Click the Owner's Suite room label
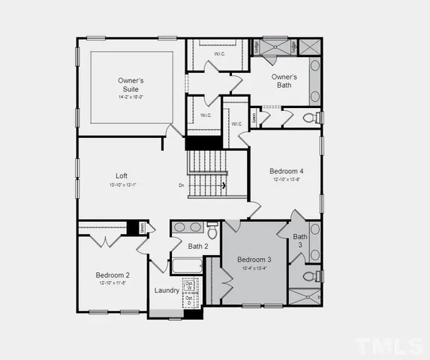(x=131, y=84)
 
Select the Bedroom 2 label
(x=113, y=275)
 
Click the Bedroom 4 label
(x=287, y=171)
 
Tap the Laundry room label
(x=167, y=290)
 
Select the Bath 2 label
(x=198, y=246)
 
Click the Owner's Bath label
(x=284, y=81)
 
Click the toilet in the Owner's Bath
(x=308, y=118)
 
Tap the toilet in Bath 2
(x=212, y=228)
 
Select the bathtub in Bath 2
(x=187, y=265)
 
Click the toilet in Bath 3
(x=309, y=277)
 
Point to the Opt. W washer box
(x=189, y=285)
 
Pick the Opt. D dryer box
(x=189, y=299)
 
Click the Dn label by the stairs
(x=182, y=185)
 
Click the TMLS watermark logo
(x=388, y=345)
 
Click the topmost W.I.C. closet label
(x=219, y=53)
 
